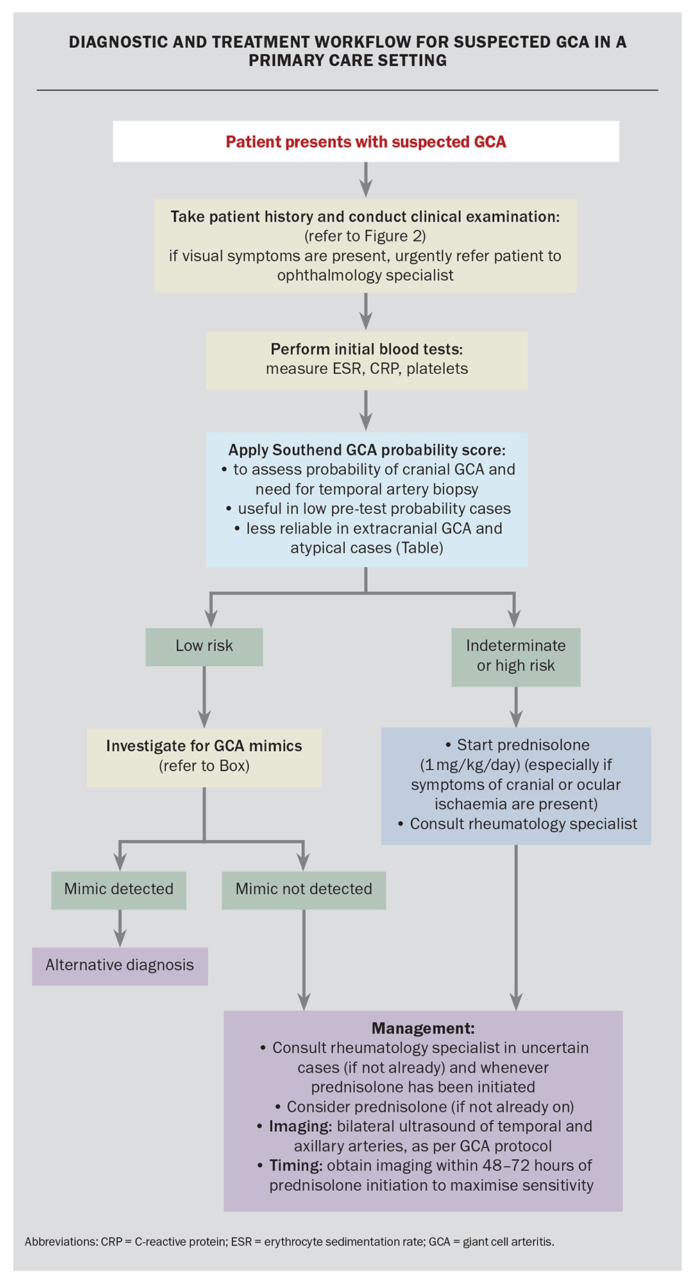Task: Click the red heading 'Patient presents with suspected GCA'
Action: coord(366,142)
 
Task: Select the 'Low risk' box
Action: coord(204,646)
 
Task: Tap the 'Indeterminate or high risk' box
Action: coord(516,656)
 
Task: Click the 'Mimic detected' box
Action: coord(119,889)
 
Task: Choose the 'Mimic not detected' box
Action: coord(303,889)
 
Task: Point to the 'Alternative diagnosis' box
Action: coord(119,965)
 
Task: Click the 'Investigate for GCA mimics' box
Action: coord(204,756)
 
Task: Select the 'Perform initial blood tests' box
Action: coord(366,359)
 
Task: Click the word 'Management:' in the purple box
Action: coord(423,1029)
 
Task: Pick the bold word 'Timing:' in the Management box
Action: coord(296,1166)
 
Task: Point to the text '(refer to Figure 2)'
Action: coord(365,237)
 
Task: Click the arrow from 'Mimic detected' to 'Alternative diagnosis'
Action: coord(120,928)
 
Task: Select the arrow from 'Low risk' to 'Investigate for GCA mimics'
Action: coord(204,696)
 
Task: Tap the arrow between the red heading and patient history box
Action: coord(366,180)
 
